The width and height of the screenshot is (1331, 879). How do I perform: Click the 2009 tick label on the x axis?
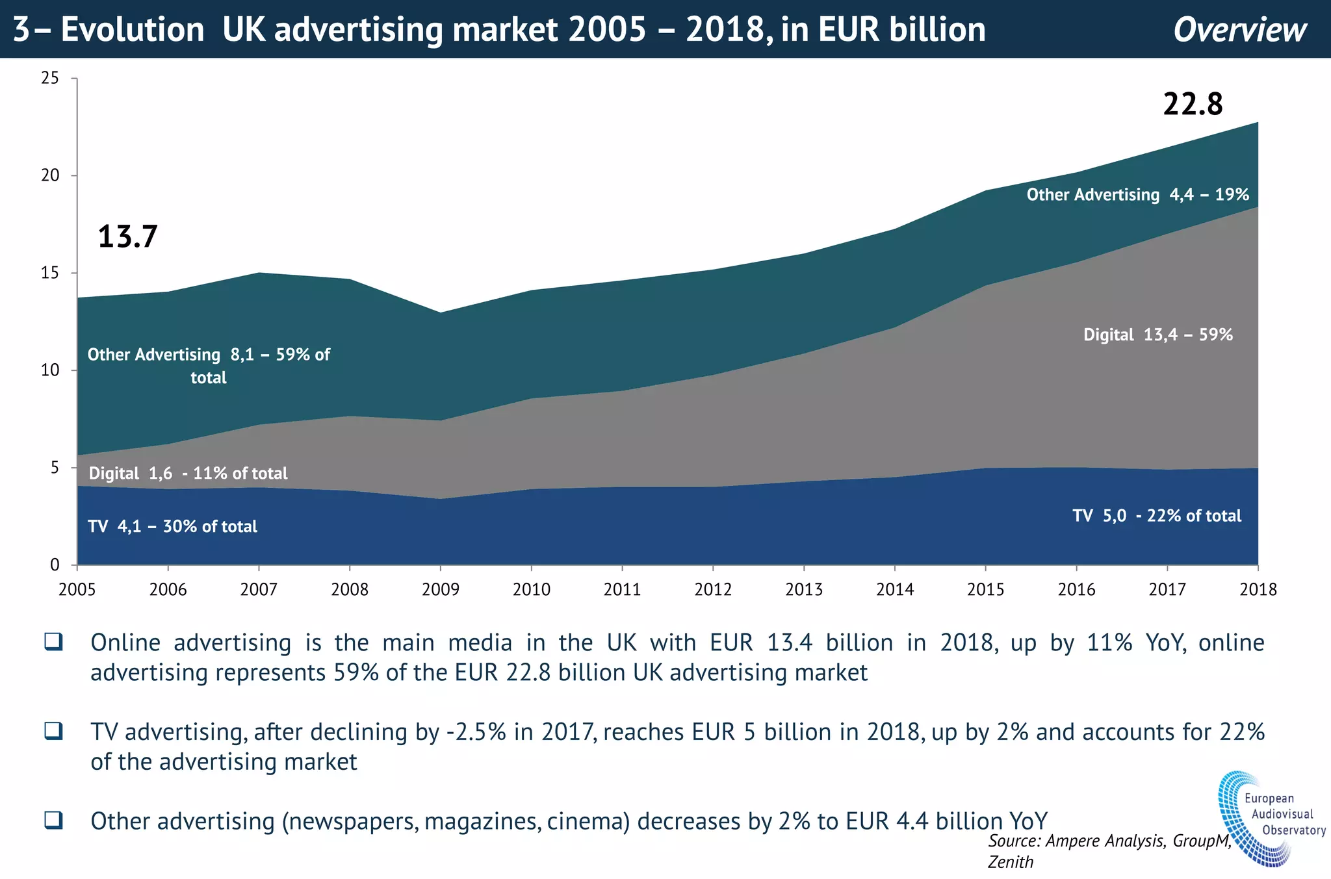441,589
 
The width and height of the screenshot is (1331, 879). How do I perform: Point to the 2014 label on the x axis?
895,589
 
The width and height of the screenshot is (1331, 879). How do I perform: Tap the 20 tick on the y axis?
50,175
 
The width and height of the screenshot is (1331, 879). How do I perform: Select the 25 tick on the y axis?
50,78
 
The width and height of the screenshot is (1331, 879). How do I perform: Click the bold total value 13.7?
127,236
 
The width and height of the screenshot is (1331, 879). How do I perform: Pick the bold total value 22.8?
1193,104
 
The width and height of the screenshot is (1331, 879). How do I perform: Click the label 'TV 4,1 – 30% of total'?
172,526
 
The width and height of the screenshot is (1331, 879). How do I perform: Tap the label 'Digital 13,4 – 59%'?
1157,335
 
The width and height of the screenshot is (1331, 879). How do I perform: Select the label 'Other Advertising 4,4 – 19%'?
1137,194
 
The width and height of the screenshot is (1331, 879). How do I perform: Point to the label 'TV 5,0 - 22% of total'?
1157,516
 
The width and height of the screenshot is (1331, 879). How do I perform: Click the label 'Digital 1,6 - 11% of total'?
188,473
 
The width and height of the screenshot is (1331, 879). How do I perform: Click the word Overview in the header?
1240,30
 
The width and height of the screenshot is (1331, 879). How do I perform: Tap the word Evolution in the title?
133,30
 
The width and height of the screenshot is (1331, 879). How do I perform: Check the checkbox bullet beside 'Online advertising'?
53,642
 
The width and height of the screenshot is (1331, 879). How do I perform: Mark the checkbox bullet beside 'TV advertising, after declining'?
53,731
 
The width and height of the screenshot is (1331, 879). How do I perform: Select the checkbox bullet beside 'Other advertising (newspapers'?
53,820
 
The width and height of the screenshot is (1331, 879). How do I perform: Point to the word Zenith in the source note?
1011,862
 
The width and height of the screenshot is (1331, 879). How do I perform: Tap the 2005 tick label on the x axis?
77,589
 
